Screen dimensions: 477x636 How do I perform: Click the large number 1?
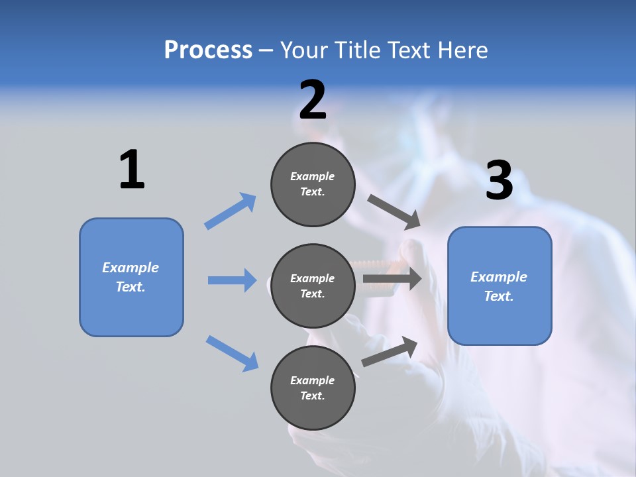point(132,170)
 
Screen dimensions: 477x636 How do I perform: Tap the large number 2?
point(313,101)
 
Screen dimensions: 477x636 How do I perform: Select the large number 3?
point(499,181)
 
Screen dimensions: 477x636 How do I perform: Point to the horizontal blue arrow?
point(233,280)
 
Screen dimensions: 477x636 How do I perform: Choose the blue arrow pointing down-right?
point(233,352)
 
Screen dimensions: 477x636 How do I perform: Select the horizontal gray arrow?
point(392,278)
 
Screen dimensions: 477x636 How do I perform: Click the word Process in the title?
point(208,50)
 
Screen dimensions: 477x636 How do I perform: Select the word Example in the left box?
point(131,268)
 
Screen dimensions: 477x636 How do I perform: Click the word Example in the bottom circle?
point(312,380)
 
